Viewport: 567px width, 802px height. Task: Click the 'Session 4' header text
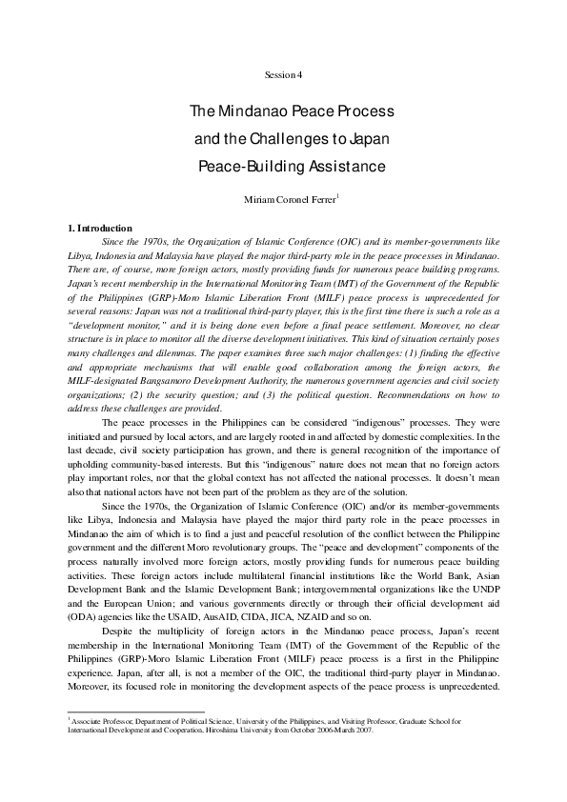pos(283,74)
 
